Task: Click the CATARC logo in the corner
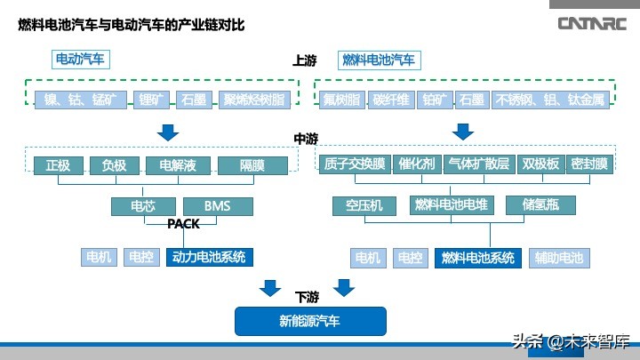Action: click(593, 23)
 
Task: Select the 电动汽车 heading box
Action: click(80, 60)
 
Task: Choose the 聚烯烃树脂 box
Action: click(254, 100)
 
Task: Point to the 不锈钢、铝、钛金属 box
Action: click(550, 100)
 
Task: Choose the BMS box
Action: click(217, 206)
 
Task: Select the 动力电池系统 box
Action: click(208, 258)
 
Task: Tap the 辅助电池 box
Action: click(558, 258)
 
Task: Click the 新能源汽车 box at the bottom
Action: click(309, 320)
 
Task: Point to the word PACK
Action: click(184, 224)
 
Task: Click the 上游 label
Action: click(305, 61)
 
